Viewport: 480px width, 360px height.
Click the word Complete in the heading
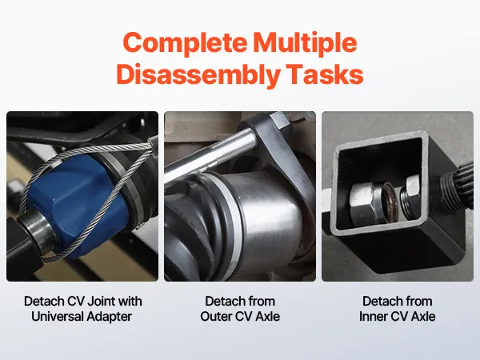tap(185, 43)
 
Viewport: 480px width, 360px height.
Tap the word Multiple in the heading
tap(306, 43)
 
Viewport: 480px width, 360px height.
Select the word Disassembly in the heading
tap(198, 75)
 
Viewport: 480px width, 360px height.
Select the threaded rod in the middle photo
tap(211, 153)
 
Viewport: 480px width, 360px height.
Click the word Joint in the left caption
tap(99, 302)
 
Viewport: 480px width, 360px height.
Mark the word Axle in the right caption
tap(423, 317)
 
